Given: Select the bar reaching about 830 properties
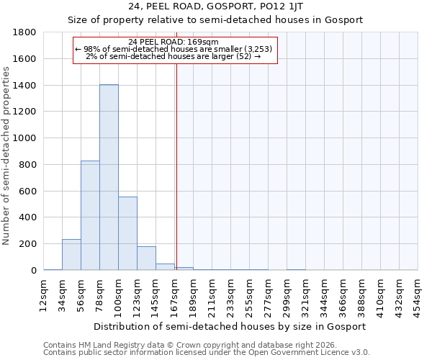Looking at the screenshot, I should click(90, 215).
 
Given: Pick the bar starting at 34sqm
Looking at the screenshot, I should click(71, 255).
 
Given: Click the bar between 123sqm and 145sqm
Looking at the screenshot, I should click(146, 258).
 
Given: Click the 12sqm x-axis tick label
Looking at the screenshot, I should click(44, 294).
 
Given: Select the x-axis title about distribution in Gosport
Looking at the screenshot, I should click(230, 326).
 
